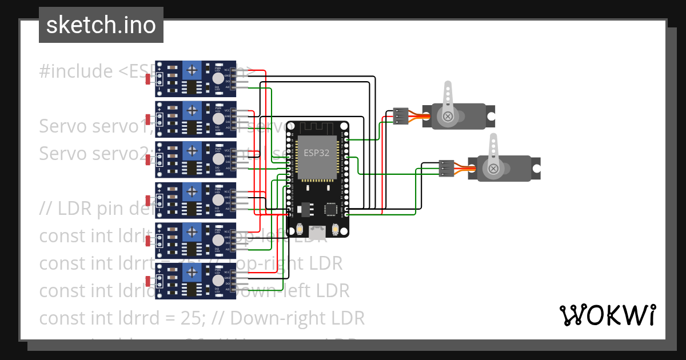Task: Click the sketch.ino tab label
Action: pos(101,25)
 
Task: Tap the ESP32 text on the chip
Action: pos(316,153)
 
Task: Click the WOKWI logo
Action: pos(607,315)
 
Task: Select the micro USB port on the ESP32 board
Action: pos(317,231)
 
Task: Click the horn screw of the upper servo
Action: pos(448,117)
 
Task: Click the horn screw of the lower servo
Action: pos(493,169)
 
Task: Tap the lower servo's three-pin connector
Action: pos(446,168)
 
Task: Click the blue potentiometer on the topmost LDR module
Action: pos(193,70)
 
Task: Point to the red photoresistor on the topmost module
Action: pos(149,79)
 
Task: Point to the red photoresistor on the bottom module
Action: pos(149,281)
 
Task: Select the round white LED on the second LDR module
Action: pos(217,119)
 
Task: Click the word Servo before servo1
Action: pos(63,126)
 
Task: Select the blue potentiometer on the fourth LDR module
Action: pos(193,191)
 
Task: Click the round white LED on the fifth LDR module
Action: pos(217,240)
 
